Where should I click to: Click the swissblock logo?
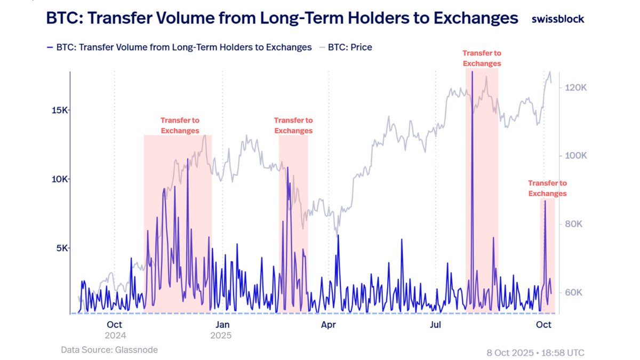pos(558,19)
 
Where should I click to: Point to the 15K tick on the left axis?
pos(59,110)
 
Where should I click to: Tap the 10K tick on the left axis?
pos(59,179)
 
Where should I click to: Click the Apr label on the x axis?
pos(329,324)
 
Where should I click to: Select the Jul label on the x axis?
pos(436,324)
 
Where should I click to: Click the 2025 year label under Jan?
pos(221,335)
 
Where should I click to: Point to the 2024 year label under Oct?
pos(115,335)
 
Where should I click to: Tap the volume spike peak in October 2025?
pos(545,201)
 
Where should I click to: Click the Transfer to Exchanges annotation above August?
pos(482,58)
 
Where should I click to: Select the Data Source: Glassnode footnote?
pos(109,350)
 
